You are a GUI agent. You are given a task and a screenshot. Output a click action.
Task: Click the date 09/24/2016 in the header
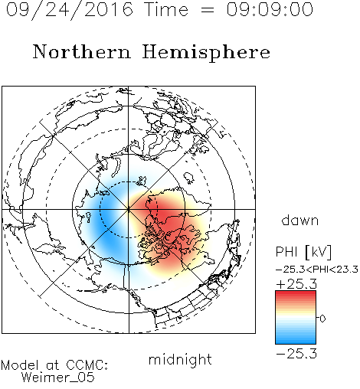(70, 10)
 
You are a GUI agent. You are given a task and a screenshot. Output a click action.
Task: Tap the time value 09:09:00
(270, 9)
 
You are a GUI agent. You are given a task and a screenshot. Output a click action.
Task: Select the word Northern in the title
(82, 51)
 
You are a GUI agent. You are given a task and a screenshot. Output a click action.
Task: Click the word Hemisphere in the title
(206, 53)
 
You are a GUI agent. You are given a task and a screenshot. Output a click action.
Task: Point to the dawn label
(300, 220)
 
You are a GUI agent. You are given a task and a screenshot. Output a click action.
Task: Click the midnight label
(180, 360)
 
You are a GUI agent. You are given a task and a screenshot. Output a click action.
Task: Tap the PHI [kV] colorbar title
(303, 252)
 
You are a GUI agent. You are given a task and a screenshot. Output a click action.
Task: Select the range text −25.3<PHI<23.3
(316, 270)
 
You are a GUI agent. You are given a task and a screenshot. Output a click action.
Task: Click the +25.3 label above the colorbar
(296, 284)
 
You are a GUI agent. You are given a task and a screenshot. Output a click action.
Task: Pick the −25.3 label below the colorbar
(296, 354)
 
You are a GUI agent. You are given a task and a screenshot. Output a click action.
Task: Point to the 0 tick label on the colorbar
(322, 319)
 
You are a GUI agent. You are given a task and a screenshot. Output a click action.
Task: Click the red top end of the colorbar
(296, 293)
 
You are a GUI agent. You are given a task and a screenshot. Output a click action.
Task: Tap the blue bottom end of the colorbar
(296, 342)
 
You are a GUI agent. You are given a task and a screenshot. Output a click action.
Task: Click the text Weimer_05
(58, 378)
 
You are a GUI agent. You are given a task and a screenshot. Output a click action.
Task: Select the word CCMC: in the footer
(87, 365)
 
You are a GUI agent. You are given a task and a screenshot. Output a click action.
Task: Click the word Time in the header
(166, 9)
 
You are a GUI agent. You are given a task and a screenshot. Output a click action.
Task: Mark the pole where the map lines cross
(129, 209)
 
